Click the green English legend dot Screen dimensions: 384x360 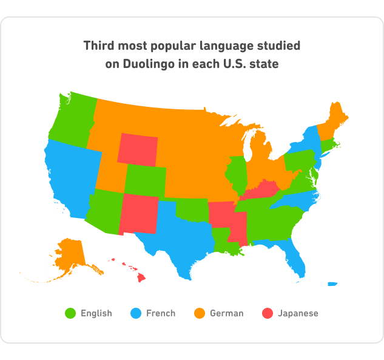70,313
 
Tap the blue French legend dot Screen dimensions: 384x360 136,313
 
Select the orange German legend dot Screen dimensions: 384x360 200,313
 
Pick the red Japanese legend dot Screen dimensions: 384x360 268,313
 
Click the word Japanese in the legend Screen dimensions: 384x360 298,313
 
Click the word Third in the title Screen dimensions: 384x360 99,46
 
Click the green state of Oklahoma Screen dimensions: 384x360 194,210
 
